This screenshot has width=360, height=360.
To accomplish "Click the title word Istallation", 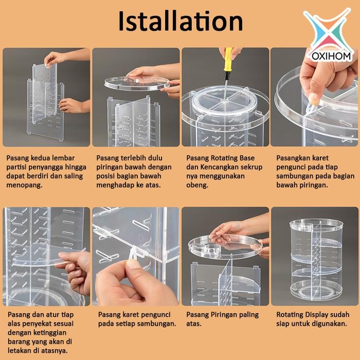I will pos(180,22).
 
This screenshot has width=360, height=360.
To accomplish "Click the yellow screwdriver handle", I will pos(228,56).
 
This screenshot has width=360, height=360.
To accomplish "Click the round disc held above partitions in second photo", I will pos(136,82).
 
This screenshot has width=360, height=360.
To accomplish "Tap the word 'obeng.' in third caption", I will pos(198,185).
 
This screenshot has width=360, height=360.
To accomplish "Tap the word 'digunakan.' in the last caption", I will pos(330,323).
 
